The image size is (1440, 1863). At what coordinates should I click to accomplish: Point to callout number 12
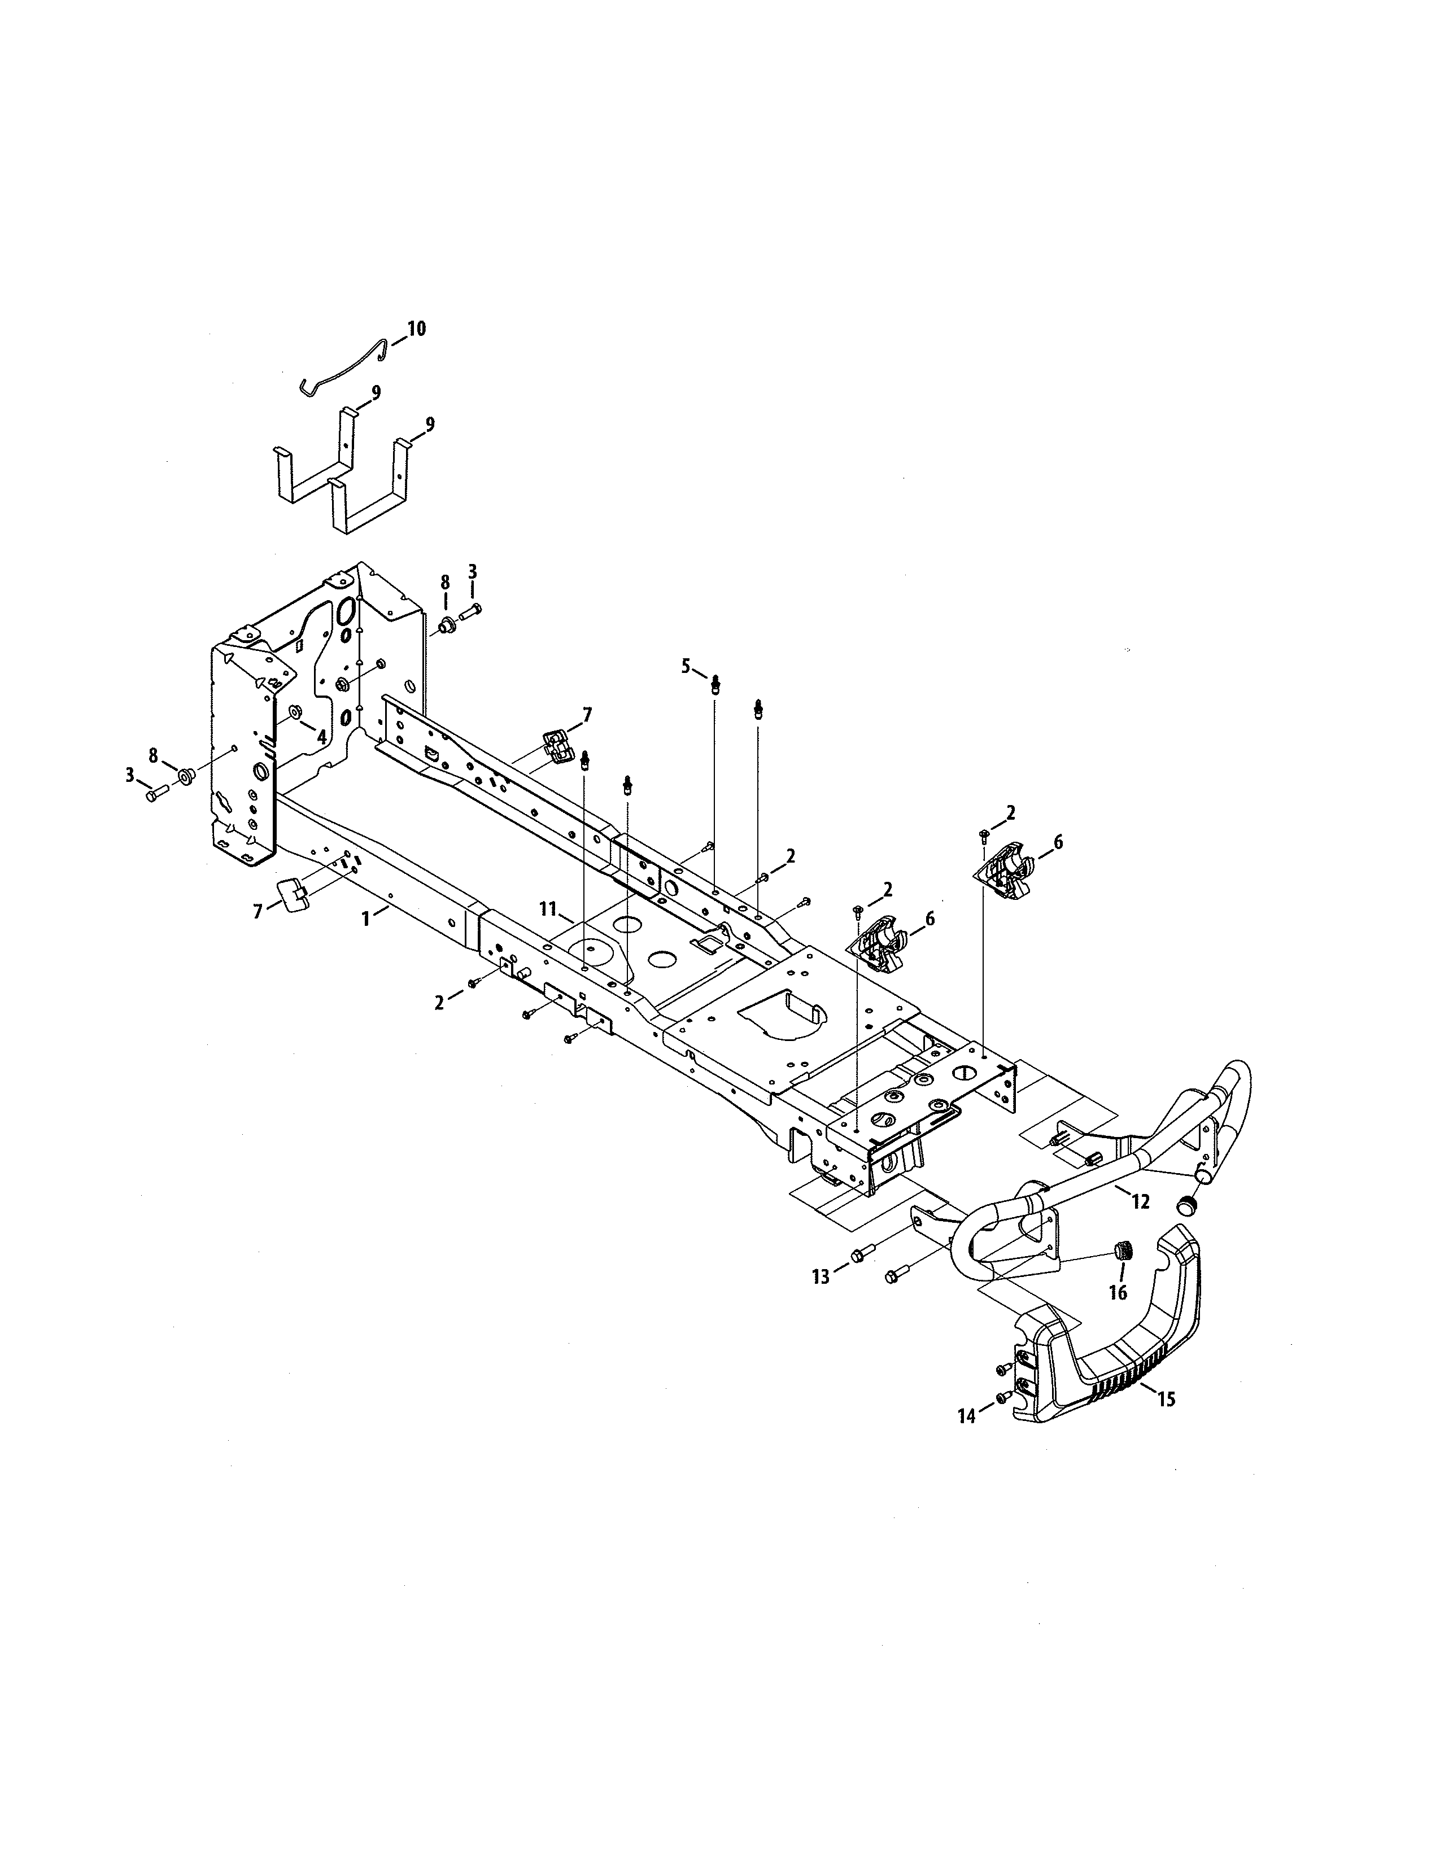1141,1202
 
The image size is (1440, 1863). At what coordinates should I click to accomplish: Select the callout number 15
1166,1399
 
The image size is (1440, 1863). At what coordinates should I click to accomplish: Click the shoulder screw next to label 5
715,683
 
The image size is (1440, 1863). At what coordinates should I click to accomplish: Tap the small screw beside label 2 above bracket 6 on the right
984,832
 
